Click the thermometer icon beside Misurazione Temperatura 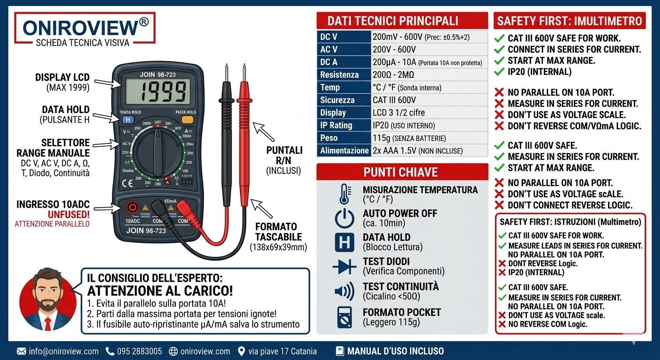coord(345,194)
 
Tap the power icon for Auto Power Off coord(345,218)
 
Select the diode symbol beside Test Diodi coord(345,266)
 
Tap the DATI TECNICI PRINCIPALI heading coord(392,21)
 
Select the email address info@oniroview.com coord(64,351)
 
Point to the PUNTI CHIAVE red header coord(401,172)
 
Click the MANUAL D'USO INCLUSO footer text coord(395,351)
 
